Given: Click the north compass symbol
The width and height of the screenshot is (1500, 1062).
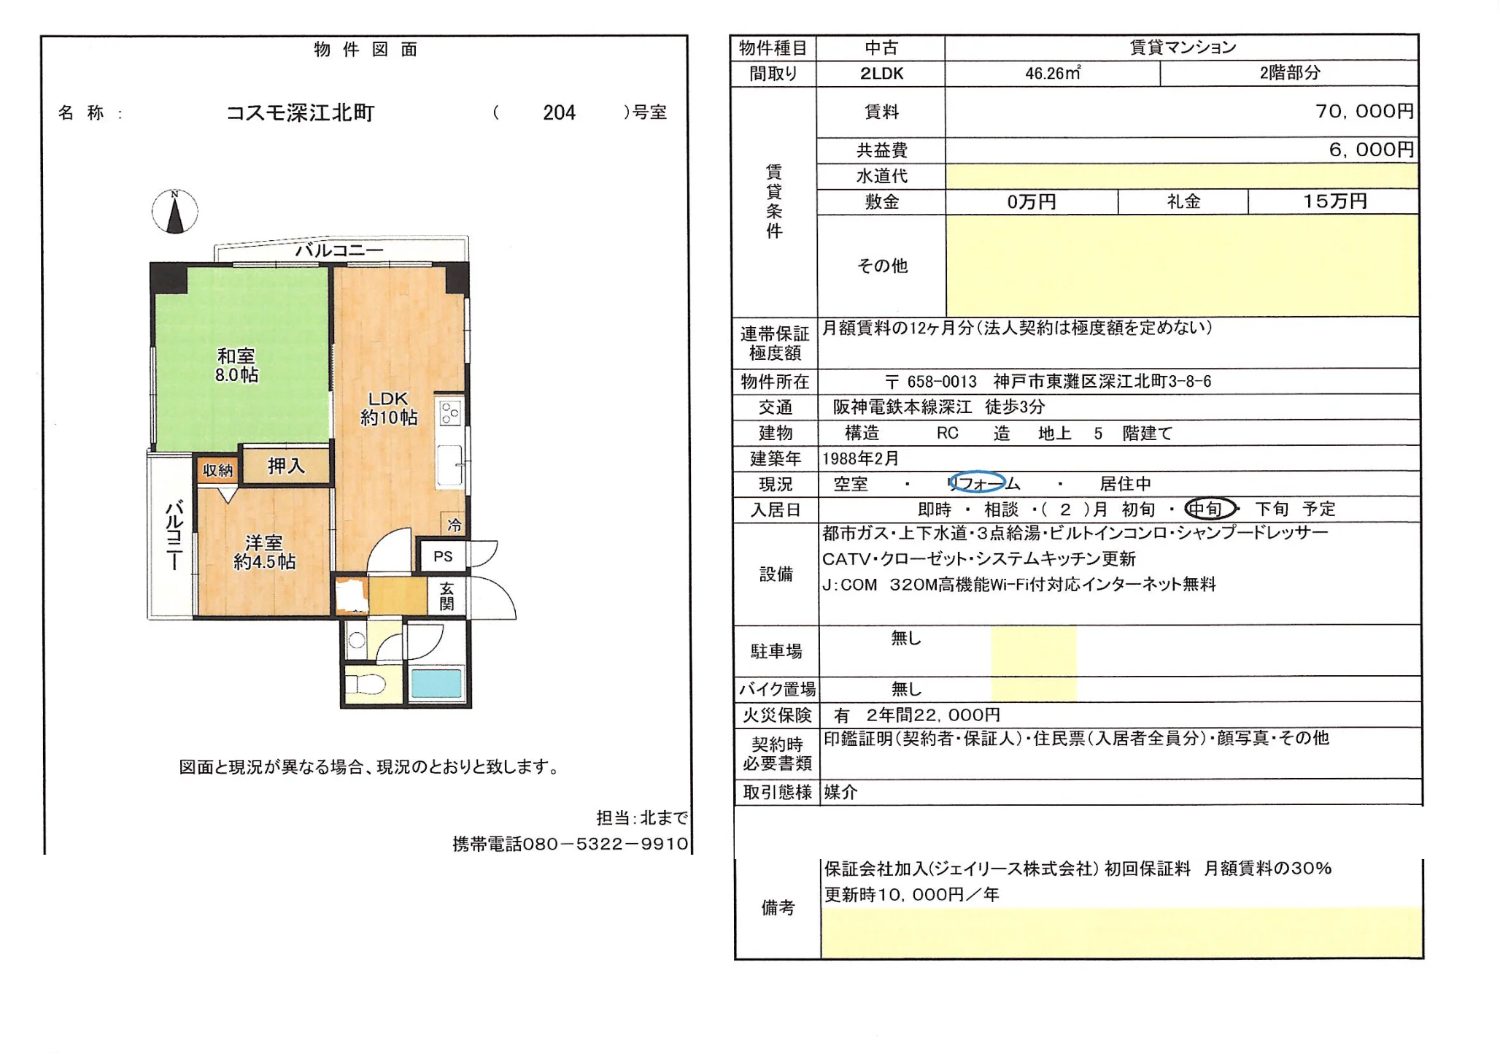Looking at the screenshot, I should [x=174, y=212].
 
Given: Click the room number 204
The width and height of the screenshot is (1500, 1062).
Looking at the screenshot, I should [x=559, y=112].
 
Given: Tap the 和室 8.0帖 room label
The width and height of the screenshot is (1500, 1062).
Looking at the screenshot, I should [x=236, y=365].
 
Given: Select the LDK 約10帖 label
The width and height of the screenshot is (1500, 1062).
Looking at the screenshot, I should [x=388, y=408].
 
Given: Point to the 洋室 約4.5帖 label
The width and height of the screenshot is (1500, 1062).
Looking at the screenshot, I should [x=264, y=552].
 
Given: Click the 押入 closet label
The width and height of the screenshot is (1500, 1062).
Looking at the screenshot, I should [x=286, y=466].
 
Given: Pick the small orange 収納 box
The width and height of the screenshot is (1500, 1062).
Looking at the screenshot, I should [x=217, y=470].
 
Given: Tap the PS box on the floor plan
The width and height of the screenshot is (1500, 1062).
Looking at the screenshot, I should [x=443, y=556].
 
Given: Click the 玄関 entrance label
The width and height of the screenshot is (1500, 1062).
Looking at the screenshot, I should [x=446, y=596].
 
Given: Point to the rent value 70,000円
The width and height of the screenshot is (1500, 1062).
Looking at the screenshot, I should [x=1364, y=111].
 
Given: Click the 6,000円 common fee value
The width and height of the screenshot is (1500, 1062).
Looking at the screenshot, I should [x=1371, y=150].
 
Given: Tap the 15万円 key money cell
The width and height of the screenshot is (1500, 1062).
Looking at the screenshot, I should [x=1334, y=201].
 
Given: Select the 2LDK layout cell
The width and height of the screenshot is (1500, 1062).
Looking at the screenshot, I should [x=881, y=73].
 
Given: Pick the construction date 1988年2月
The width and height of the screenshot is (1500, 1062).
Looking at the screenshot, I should [x=861, y=458].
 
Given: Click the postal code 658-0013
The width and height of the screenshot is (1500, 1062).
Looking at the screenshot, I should [x=941, y=382].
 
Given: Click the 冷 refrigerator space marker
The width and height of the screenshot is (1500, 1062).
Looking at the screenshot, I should [x=454, y=524].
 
